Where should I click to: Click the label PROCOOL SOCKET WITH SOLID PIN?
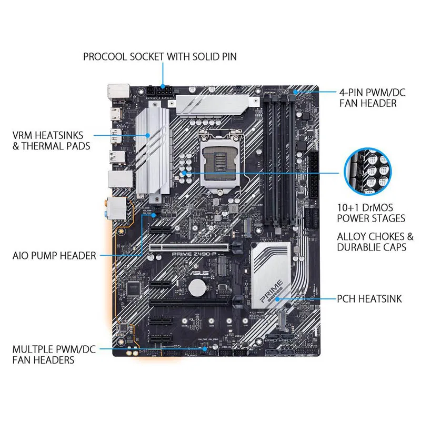point(160,56)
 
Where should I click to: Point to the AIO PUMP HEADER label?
point(54,256)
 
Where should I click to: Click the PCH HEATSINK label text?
point(369,299)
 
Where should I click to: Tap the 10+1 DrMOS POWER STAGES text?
point(371,212)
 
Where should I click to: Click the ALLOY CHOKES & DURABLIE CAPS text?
point(375,242)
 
